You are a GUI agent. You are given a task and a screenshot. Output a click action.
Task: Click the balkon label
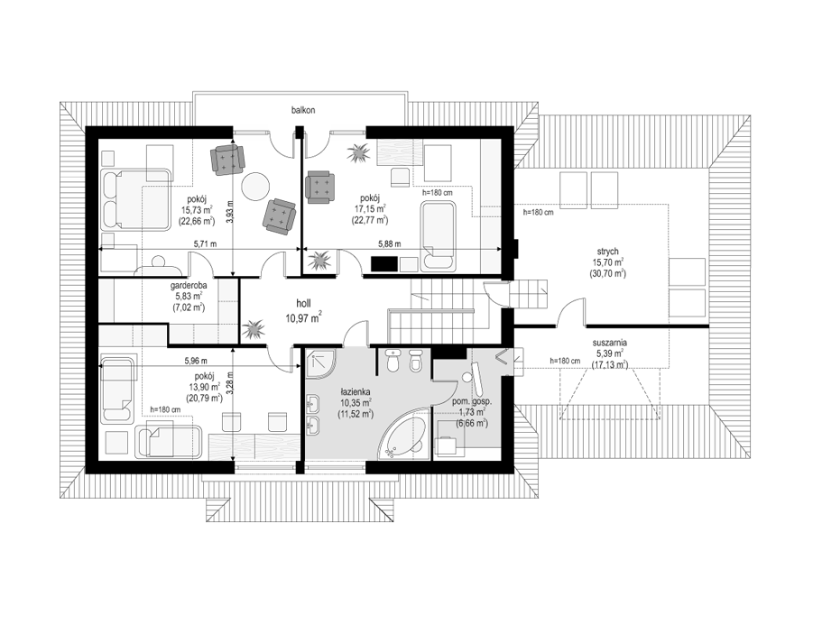[302, 110]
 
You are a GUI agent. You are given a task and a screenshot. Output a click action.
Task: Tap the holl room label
[303, 304]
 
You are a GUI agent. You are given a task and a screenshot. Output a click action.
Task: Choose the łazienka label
[356, 392]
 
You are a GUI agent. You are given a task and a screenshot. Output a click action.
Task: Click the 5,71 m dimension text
[205, 243]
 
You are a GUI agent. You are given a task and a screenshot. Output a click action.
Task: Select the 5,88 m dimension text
[389, 243]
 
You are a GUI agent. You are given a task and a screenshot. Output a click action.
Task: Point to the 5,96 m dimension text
[196, 360]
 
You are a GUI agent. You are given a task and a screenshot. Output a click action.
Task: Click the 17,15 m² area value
[370, 209]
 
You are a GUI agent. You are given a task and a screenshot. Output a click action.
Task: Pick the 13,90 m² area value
[205, 388]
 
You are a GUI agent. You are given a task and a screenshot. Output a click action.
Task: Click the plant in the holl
[254, 329]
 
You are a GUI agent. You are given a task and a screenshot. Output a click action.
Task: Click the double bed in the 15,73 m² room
[136, 199]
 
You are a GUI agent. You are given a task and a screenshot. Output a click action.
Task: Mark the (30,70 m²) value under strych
[607, 274]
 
